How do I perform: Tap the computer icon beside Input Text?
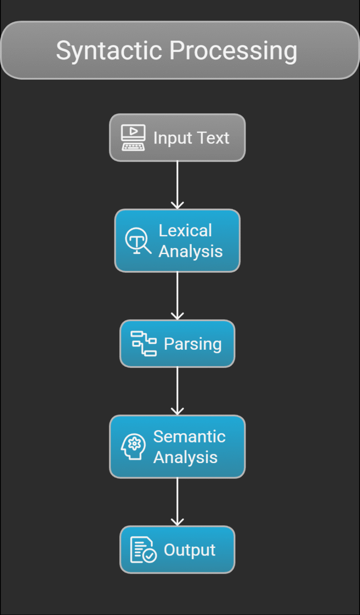pyautogui.click(x=133, y=138)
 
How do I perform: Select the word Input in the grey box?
pyautogui.click(x=172, y=138)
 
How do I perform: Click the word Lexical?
pyautogui.click(x=185, y=231)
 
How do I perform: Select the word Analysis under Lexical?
pyautogui.click(x=190, y=251)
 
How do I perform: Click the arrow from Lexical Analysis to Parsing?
pyautogui.click(x=177, y=295)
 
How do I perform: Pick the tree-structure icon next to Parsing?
pyautogui.click(x=143, y=344)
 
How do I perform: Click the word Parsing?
pyautogui.click(x=193, y=344)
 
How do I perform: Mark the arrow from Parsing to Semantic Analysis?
pyautogui.click(x=177, y=390)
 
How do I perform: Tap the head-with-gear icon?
pyautogui.click(x=133, y=447)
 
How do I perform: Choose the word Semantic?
pyautogui.click(x=189, y=436)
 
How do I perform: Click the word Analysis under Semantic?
pyautogui.click(x=185, y=457)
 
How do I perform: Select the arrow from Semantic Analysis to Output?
pyautogui.click(x=177, y=501)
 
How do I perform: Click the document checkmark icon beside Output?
pyautogui.click(x=143, y=550)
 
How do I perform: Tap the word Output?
pyautogui.click(x=189, y=550)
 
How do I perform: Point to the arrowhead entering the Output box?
pyautogui.click(x=177, y=522)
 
